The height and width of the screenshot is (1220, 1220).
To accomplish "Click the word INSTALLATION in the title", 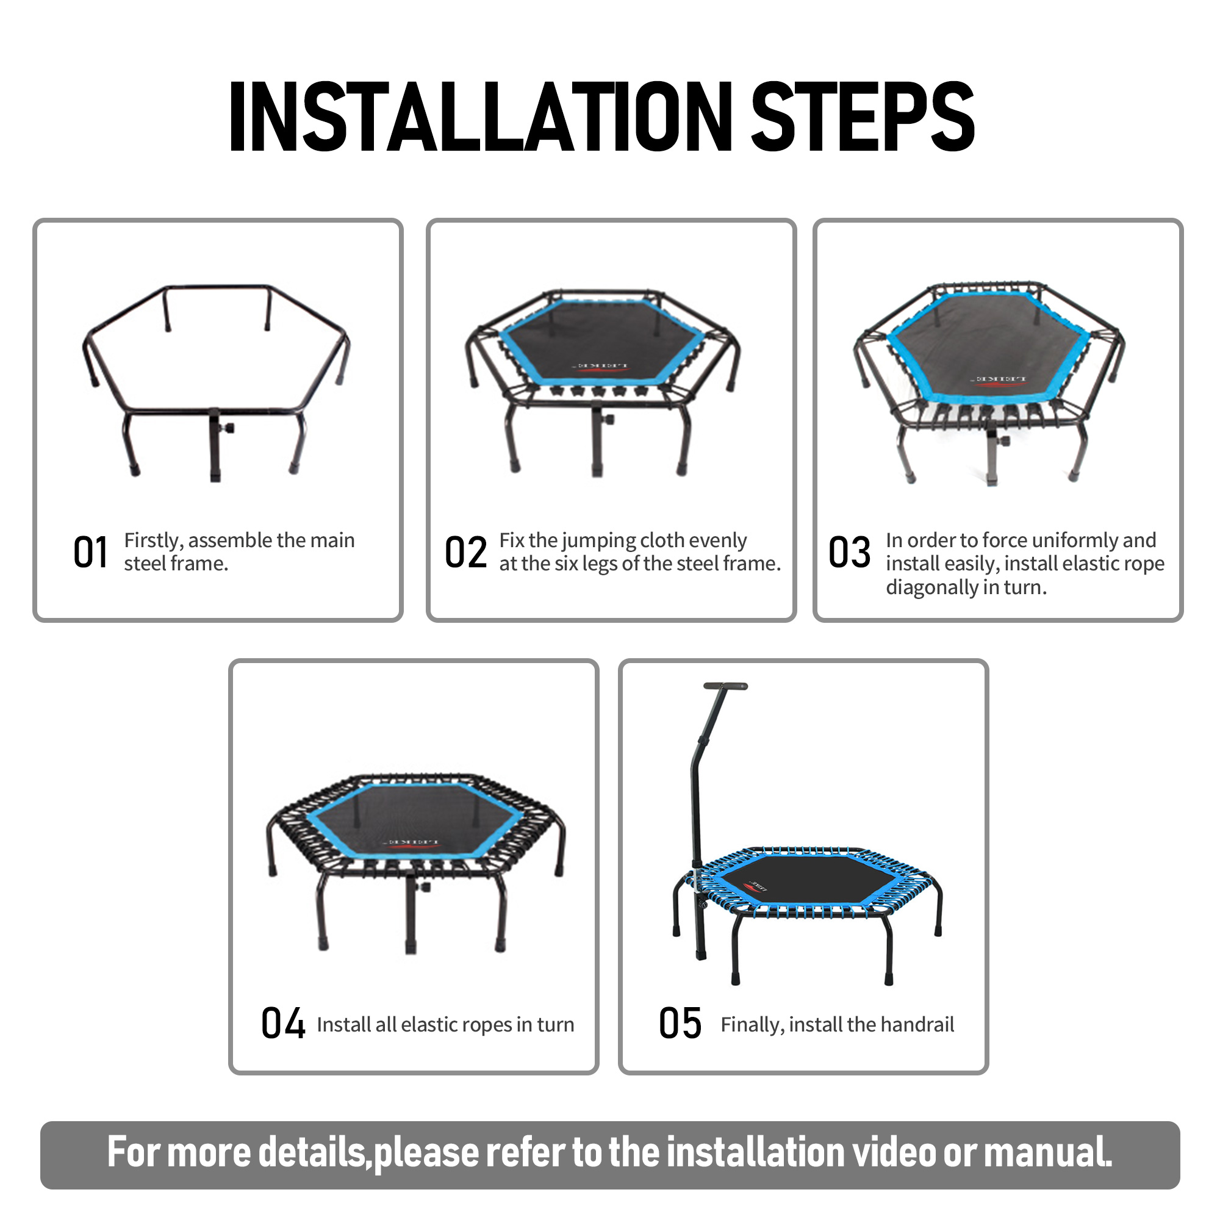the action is coord(481,117).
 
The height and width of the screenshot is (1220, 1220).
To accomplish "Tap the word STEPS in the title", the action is coord(863,117).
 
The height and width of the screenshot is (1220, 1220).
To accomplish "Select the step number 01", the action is coord(90,553).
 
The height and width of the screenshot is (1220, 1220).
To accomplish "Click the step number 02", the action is coord(466,553).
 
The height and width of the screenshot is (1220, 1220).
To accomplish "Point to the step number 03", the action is coord(849,553).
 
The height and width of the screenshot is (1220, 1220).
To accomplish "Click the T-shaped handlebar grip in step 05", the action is coord(725,686).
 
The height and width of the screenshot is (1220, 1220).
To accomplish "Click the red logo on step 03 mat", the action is coord(999,381).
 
